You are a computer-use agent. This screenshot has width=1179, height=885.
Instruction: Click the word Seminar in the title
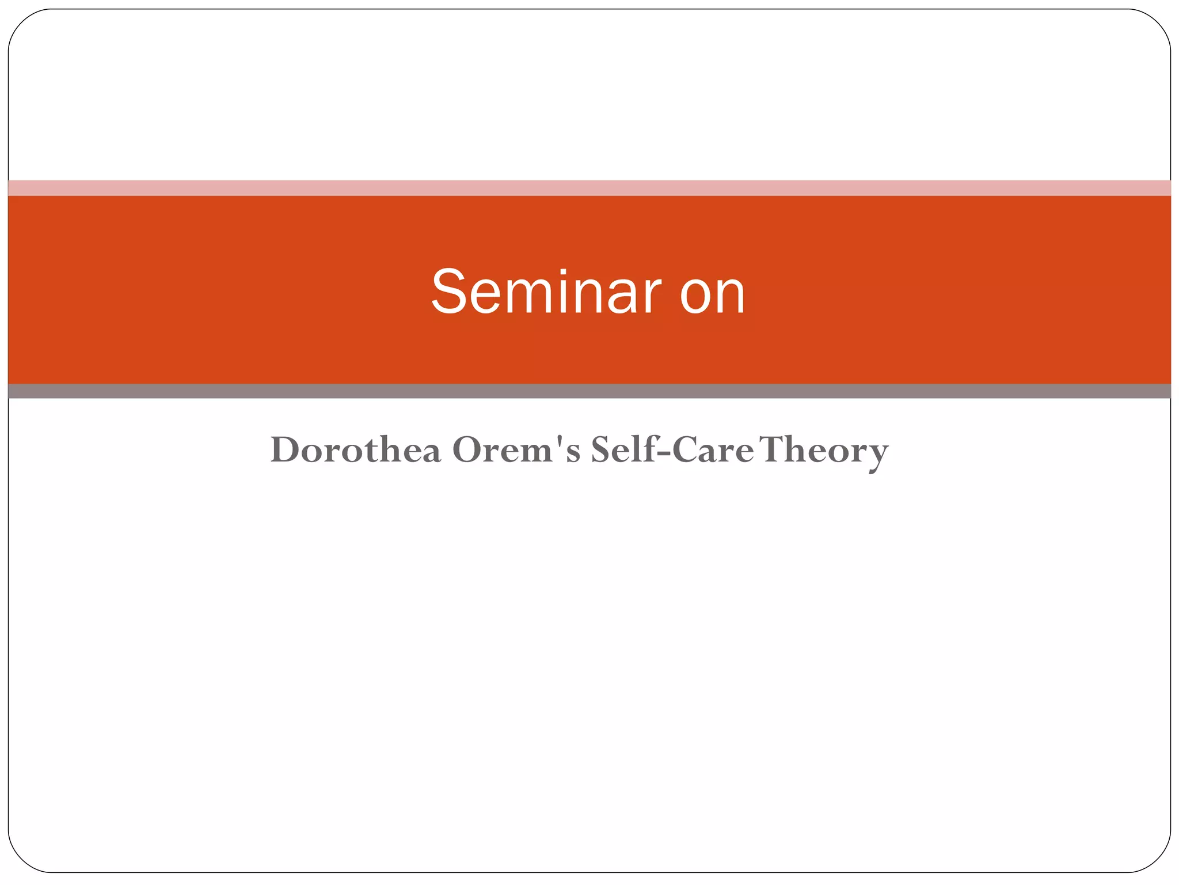point(546,292)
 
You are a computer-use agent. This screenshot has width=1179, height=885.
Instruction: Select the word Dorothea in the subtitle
point(355,449)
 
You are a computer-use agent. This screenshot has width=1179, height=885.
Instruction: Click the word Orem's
point(516,449)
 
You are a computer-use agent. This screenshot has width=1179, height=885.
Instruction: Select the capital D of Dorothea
point(286,449)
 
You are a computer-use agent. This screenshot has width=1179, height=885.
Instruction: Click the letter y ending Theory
point(876,455)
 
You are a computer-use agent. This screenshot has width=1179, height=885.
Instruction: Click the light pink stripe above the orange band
point(589,188)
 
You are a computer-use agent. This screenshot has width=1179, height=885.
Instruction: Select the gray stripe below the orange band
point(589,391)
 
